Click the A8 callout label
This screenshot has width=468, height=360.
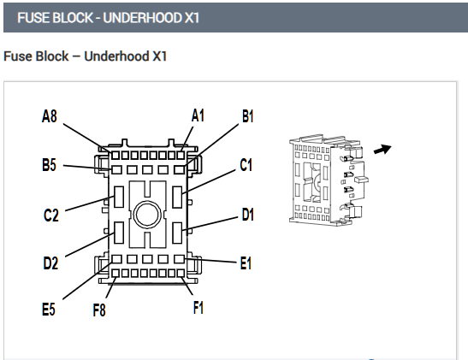(x=50, y=116)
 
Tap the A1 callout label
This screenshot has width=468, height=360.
(x=198, y=115)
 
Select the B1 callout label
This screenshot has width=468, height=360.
(x=248, y=116)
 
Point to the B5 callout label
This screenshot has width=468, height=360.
(x=49, y=165)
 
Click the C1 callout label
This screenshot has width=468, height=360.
(x=246, y=165)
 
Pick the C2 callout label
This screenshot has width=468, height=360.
(x=51, y=215)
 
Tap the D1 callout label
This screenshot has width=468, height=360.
(x=248, y=215)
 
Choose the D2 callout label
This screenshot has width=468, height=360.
(x=50, y=263)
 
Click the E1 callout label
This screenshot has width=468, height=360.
(x=246, y=263)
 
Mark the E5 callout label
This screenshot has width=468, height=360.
(x=49, y=309)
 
